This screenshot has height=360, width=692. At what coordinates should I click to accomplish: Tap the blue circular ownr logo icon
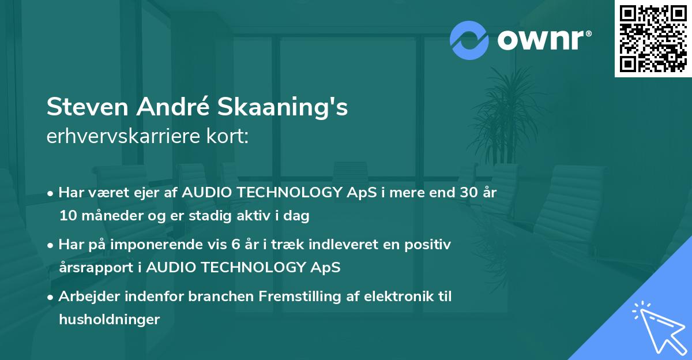coord(469,40)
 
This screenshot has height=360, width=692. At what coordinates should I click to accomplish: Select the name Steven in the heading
coord(89,107)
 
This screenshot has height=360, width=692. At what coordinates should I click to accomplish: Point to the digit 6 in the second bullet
coord(235,245)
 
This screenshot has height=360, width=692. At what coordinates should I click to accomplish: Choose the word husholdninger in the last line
coord(109,320)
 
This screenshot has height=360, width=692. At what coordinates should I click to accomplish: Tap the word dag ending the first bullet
coord(298,216)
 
